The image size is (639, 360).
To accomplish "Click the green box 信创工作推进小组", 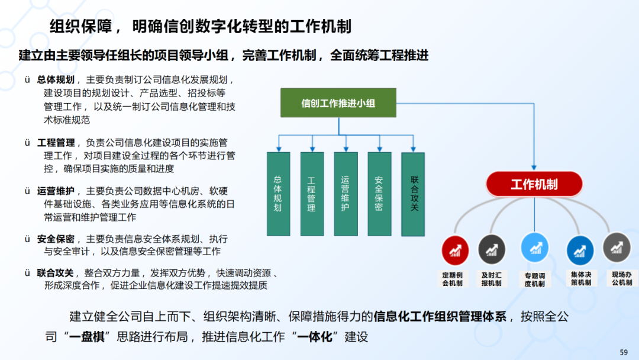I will pyautogui.click(x=338, y=104).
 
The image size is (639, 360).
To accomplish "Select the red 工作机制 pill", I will pyautogui.click(x=534, y=185).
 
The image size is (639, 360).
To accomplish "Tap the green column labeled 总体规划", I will pyautogui.click(x=278, y=194).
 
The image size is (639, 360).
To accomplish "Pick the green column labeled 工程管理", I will pyautogui.click(x=312, y=194).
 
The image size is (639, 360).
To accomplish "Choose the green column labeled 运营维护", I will pyautogui.click(x=346, y=194).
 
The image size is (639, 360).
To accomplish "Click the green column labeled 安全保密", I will pyautogui.click(x=379, y=194).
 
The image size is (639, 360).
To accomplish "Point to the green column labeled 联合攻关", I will pyautogui.click(x=413, y=194).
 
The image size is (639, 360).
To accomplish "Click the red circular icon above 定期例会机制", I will pyautogui.click(x=455, y=250).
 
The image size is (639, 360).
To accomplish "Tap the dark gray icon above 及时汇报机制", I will pyautogui.click(x=492, y=249).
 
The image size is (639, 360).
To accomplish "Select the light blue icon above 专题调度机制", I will pyautogui.click(x=534, y=247).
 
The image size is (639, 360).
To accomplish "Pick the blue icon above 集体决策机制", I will pyautogui.click(x=580, y=250).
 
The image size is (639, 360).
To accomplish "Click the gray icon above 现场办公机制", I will pyautogui.click(x=617, y=247).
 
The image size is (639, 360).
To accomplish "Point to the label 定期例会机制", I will pyautogui.click(x=455, y=279).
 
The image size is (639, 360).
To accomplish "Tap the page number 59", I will pyautogui.click(x=623, y=352).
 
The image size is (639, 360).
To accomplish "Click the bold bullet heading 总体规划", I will pyautogui.click(x=56, y=80).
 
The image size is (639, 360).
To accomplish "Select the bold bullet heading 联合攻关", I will pyautogui.click(x=56, y=273).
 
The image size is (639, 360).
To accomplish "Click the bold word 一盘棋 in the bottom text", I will pyautogui.click(x=86, y=337).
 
